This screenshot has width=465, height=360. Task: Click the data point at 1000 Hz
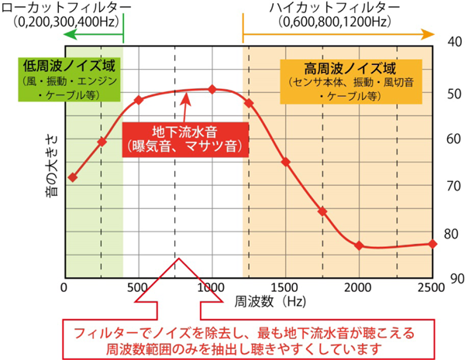(212, 89)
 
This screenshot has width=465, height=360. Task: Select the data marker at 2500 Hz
(432, 244)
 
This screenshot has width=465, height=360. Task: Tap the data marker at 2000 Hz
(359, 245)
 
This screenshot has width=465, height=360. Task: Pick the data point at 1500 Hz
(285, 162)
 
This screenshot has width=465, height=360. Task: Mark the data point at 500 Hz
(139, 100)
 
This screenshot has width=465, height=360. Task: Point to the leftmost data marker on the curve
(72, 177)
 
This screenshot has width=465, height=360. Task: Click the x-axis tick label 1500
(285, 289)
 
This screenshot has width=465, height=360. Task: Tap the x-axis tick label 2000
(359, 289)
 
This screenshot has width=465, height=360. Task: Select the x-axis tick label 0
(66, 289)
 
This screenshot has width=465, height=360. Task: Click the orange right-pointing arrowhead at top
(428, 35)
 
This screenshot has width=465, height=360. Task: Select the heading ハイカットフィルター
(333, 8)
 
